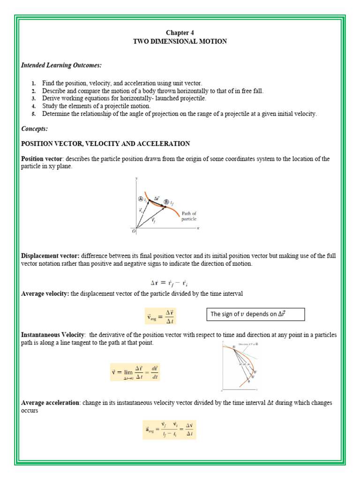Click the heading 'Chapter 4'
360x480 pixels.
click(x=180, y=32)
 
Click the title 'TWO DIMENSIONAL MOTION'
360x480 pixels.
click(x=180, y=41)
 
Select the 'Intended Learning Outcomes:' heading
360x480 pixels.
click(x=54, y=65)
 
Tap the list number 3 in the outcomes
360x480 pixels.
click(x=34, y=98)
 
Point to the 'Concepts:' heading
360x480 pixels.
click(x=34, y=128)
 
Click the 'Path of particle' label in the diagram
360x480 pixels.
click(x=189, y=216)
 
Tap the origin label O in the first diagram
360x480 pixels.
click(x=134, y=231)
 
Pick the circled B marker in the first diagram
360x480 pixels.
click(x=166, y=202)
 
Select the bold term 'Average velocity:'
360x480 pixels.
click(x=45, y=293)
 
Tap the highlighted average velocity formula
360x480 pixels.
click(x=160, y=316)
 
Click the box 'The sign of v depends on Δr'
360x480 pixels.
click(x=255, y=314)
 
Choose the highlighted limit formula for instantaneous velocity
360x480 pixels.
click(x=135, y=372)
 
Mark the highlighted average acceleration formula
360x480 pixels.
click(x=169, y=429)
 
